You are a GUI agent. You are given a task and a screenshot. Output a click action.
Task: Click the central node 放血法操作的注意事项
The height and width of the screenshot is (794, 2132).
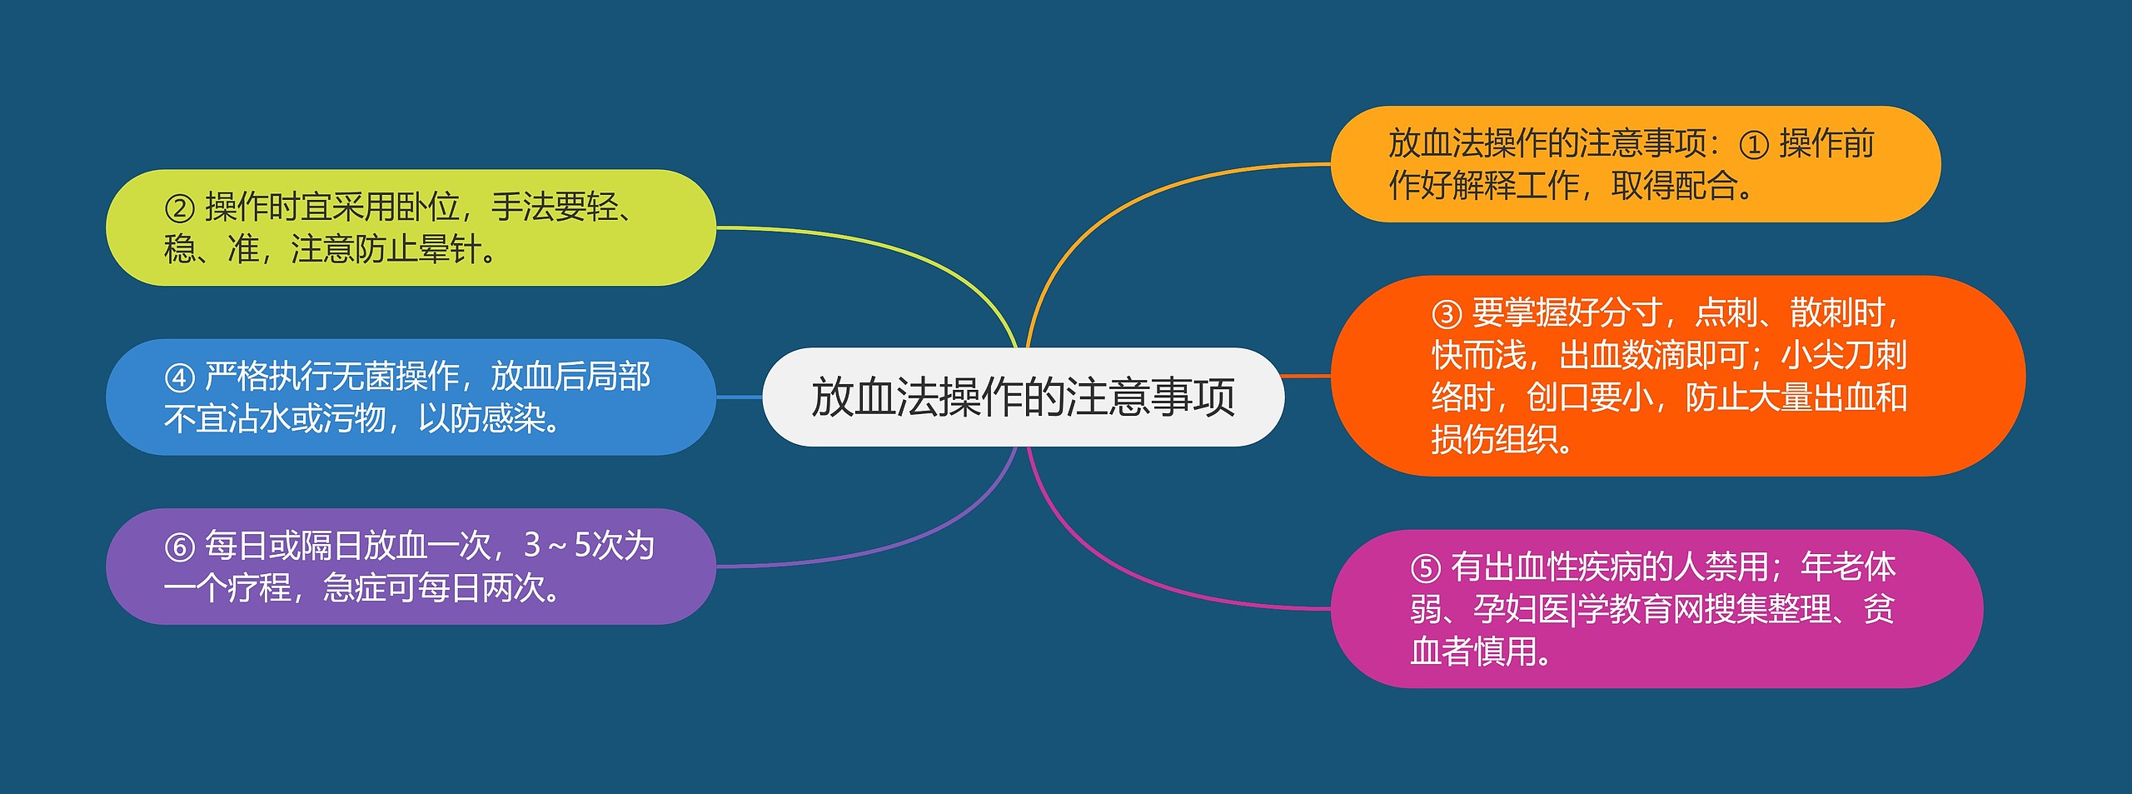coord(1023,397)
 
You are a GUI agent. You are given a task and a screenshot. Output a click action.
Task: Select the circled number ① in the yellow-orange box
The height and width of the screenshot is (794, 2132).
coord(1753,145)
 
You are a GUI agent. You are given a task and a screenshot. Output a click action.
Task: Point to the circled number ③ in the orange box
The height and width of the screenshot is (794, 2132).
coord(1447,314)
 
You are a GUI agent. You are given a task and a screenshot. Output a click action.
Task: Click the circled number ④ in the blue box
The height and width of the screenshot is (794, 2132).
coord(179,378)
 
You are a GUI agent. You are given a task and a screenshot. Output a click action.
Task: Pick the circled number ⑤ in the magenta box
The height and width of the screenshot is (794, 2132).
coord(1425,569)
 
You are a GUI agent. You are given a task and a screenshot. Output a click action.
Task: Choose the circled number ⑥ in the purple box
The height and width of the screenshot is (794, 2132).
coord(179,547)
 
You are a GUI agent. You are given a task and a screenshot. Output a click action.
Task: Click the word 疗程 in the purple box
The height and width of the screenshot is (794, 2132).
coord(259,588)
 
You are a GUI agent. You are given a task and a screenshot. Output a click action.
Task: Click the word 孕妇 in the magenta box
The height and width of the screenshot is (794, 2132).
coord(1505,609)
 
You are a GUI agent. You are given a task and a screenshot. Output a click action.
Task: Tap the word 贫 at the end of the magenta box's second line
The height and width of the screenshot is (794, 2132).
coord(1879,609)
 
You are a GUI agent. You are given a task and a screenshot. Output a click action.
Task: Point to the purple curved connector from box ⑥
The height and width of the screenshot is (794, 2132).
coord(916,542)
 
